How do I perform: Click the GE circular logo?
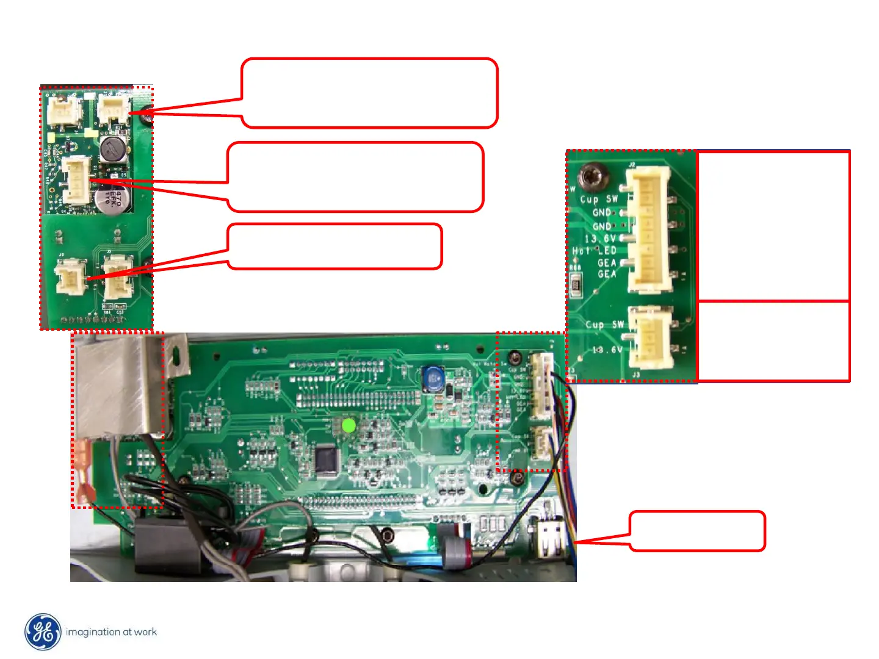point(43,632)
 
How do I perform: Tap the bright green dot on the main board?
point(349,425)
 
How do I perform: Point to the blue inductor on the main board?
point(433,378)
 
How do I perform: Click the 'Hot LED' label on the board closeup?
point(595,250)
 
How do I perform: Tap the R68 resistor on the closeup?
point(575,283)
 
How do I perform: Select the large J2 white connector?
point(649,229)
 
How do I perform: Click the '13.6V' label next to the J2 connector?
point(601,239)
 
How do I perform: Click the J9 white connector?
point(70,276)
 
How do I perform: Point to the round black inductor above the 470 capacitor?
point(113,149)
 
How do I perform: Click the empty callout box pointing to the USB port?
point(697,531)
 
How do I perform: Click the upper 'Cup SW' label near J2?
point(598,199)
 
